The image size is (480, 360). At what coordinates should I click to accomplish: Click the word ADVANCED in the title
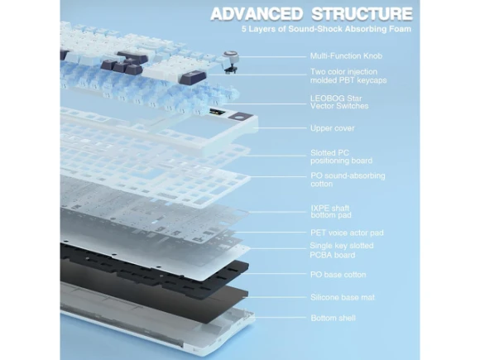257,14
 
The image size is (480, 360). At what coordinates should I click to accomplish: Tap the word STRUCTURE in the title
362,14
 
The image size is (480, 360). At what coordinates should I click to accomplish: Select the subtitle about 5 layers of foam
326,29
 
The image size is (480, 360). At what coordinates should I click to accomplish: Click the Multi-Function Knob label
346,56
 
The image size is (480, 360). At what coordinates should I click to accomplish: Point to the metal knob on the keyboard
230,55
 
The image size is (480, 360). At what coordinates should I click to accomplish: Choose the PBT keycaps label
348,76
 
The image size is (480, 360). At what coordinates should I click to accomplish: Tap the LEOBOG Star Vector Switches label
339,103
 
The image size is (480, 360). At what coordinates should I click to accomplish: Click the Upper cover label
333,128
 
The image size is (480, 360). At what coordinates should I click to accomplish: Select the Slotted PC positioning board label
341,156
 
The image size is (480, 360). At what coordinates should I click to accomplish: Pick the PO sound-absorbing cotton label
348,180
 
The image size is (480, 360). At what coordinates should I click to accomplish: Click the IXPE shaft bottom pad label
331,212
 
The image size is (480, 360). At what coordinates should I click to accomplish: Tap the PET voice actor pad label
347,233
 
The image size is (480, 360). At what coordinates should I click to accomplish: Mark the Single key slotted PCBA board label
342,251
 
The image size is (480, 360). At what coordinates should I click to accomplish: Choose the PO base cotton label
338,275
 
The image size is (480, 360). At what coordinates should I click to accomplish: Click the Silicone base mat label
343,297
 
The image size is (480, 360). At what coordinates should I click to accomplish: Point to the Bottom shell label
333,318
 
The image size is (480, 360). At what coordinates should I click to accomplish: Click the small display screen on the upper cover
218,112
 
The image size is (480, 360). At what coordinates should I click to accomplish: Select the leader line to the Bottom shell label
279,318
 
